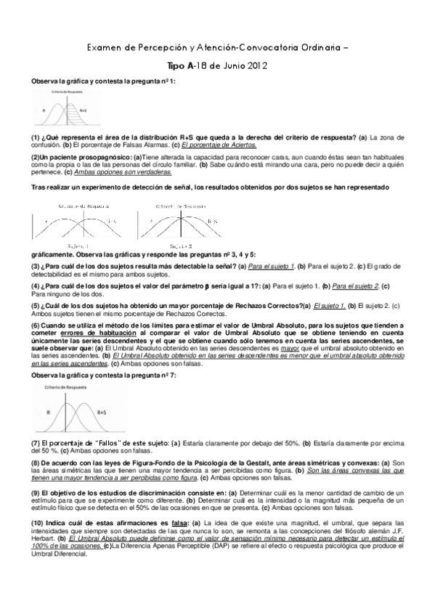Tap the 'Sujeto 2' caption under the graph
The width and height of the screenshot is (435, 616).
click(179, 247)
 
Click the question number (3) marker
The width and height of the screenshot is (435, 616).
click(36, 267)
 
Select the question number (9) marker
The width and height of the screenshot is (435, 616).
click(36, 493)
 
